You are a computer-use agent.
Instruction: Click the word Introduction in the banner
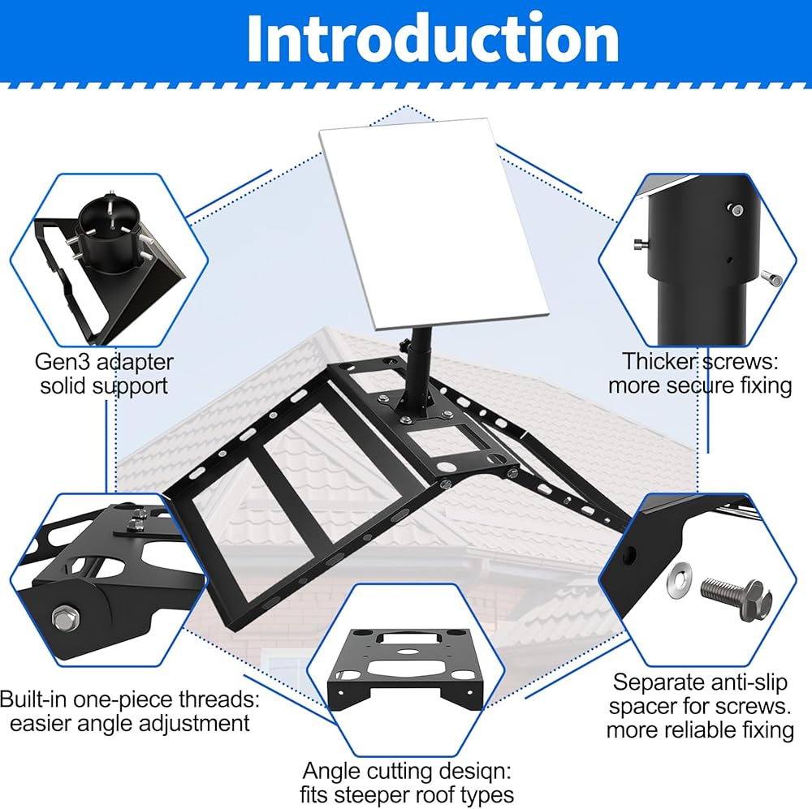coord(433,37)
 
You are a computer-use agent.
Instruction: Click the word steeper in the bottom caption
coord(417,795)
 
